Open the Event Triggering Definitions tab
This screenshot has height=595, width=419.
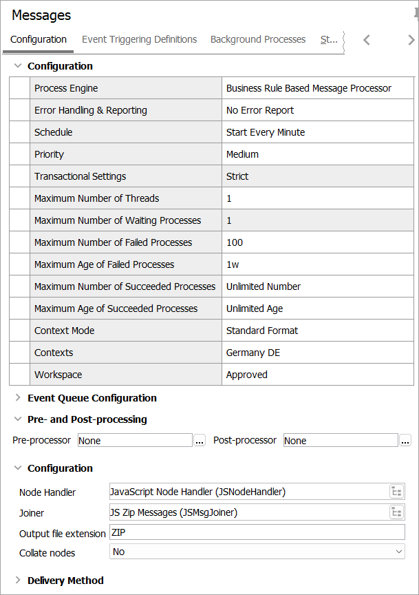(139, 39)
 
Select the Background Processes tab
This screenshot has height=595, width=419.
(258, 39)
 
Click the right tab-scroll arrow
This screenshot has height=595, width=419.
(411, 40)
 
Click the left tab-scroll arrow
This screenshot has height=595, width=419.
(367, 40)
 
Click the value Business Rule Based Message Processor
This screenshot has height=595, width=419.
(308, 88)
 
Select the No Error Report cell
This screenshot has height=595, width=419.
(260, 110)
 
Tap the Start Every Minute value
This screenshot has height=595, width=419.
(266, 132)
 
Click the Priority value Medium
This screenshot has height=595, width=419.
(242, 154)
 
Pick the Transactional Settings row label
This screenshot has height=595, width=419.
(80, 176)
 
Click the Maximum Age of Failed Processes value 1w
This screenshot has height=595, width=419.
(233, 264)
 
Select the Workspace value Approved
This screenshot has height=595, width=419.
(247, 375)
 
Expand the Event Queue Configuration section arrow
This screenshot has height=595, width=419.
(18, 398)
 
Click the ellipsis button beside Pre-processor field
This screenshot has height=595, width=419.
(200, 441)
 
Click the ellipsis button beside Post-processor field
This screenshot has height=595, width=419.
(405, 441)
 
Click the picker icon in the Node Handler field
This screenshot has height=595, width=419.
(396, 492)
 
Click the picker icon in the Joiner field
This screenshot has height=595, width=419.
(396, 512)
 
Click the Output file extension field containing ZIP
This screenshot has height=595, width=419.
(256, 532)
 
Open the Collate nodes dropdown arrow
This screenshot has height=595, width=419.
(398, 552)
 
